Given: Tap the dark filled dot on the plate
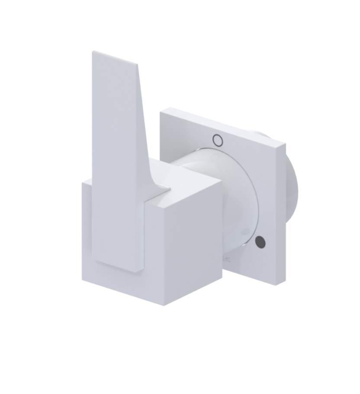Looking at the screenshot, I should [x=260, y=242].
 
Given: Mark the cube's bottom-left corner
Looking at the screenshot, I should [x=83, y=279].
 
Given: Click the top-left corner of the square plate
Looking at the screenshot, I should [x=161, y=112].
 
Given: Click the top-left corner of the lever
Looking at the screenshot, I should [x=93, y=52].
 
